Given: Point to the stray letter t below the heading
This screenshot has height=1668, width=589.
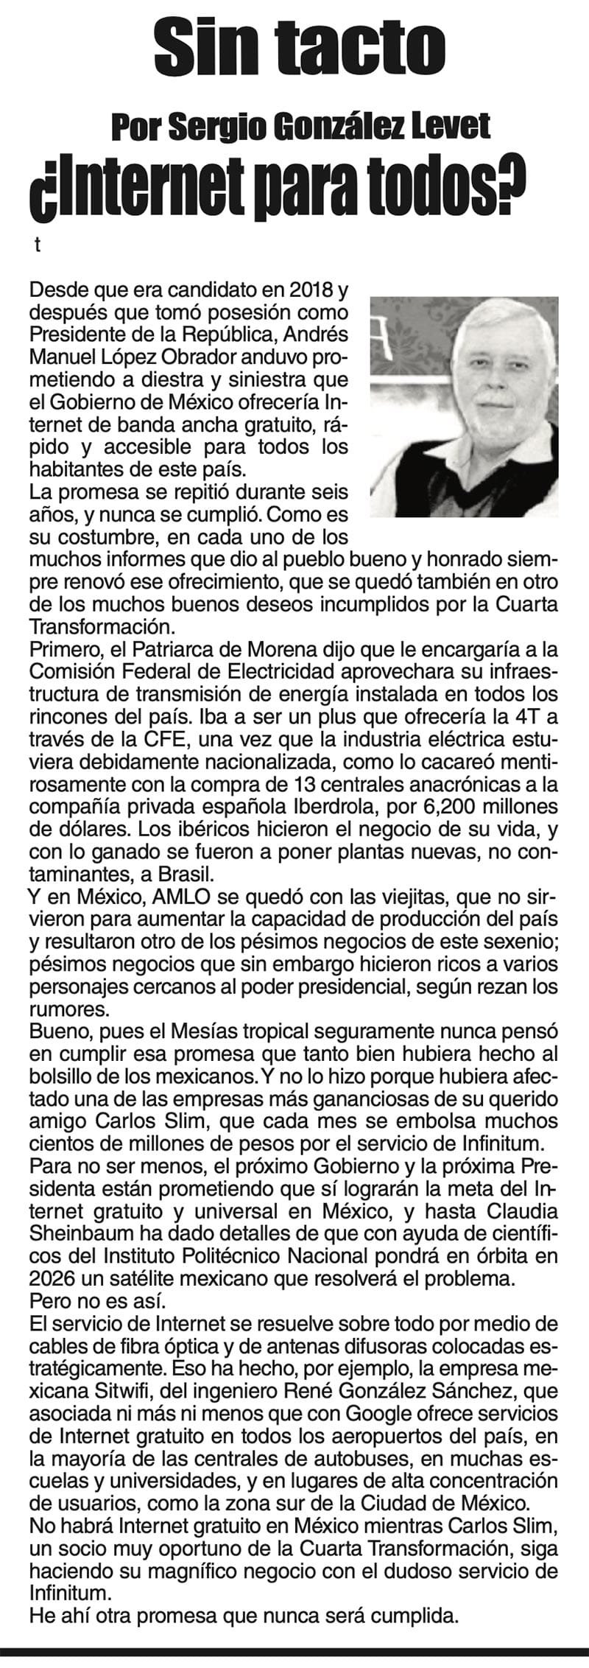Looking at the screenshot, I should click(35, 246).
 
